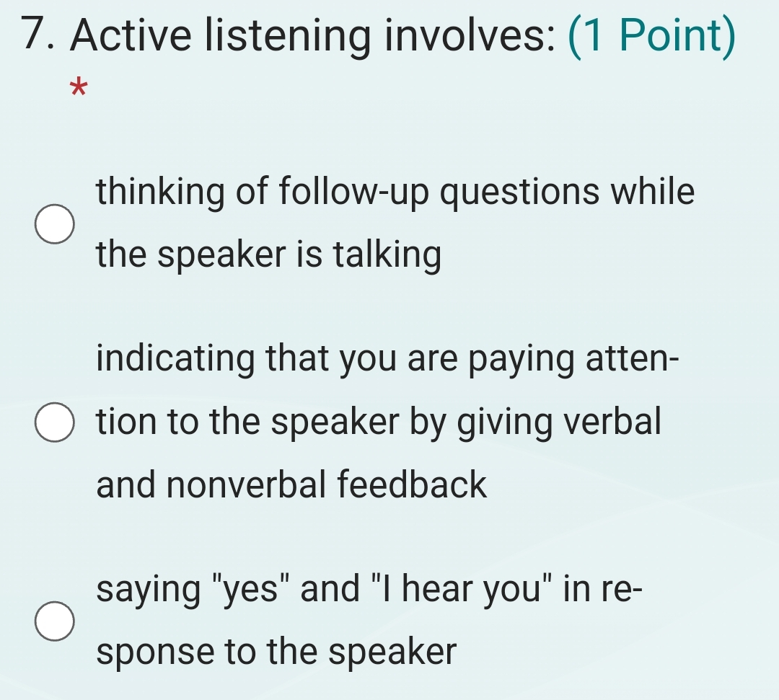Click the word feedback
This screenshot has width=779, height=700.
point(418,484)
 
